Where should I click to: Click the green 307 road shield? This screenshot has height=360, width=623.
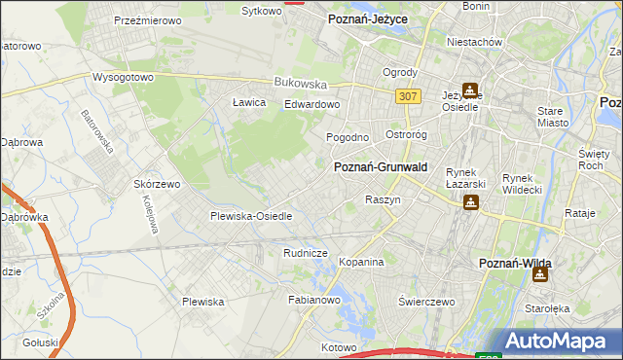click(409, 95)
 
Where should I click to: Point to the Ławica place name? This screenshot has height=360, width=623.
click(249, 102)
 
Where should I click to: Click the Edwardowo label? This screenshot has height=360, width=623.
click(311, 105)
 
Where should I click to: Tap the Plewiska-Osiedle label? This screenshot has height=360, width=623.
click(251, 216)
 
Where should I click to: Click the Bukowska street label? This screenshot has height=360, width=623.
click(299, 84)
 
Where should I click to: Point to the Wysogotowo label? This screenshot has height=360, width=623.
click(124, 78)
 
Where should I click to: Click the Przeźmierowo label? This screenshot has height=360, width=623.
click(144, 19)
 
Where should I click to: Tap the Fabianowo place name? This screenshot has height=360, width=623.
click(312, 301)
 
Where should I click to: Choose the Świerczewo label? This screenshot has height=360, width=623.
click(427, 302)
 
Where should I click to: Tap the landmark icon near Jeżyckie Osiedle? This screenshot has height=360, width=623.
click(471, 90)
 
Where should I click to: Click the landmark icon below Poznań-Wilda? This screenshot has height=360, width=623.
click(539, 274)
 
